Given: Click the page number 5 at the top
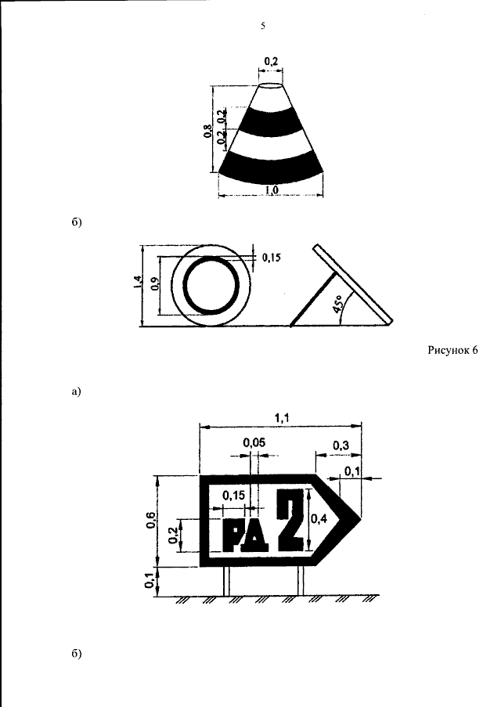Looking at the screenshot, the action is tap(263, 26).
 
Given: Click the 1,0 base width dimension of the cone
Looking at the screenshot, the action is tap(272, 189).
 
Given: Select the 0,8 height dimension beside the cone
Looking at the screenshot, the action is tap(207, 131).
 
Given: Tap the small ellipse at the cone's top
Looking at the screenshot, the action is tap(271, 86).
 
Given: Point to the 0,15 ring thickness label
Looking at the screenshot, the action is tap(271, 258).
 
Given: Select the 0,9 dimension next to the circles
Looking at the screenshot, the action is tap(155, 284).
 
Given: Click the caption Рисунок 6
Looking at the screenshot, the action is tap(452, 350).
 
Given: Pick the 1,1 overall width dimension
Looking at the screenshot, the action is tap(283, 418).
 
